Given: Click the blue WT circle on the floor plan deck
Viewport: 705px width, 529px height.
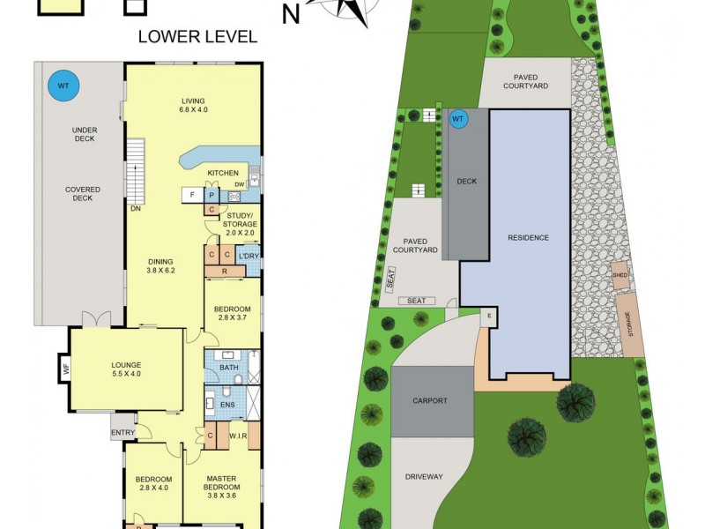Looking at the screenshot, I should click(63, 86).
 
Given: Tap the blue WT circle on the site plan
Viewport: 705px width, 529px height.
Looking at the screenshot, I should click(457, 119).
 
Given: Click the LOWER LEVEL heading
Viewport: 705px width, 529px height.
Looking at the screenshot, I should click(198, 37).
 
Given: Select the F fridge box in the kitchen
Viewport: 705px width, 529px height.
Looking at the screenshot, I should click(192, 195).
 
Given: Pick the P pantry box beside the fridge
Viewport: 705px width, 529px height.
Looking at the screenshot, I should click(211, 195).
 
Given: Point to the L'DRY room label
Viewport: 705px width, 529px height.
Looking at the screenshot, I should click(249, 257).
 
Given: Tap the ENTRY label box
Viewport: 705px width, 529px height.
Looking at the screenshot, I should click(122, 432).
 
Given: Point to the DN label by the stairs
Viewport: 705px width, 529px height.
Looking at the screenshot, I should click(135, 209).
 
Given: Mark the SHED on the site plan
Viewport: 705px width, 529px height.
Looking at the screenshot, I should click(619, 274).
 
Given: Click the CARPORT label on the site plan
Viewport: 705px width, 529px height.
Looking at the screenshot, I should click(430, 400).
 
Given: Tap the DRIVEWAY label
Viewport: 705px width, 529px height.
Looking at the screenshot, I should click(424, 477).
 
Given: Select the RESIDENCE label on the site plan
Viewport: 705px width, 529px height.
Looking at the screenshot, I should click(528, 237).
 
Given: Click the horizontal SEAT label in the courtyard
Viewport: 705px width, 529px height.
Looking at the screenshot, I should click(417, 301).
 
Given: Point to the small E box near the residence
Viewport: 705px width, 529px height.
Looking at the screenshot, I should click(487, 316).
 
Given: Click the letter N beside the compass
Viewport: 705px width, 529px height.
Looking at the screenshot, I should click(290, 14).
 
